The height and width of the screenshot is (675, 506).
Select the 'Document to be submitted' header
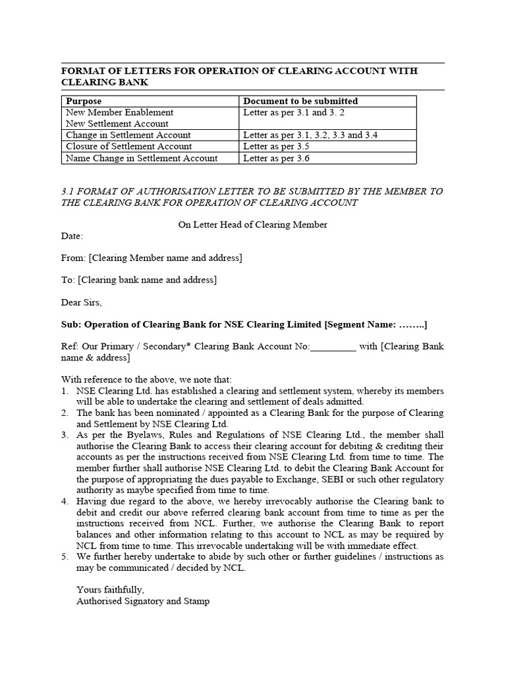(x=300, y=102)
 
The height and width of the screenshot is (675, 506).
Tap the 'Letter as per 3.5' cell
(x=276, y=146)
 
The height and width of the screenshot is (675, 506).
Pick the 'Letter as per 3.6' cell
(x=276, y=158)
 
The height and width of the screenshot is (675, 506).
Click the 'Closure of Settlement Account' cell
(x=129, y=146)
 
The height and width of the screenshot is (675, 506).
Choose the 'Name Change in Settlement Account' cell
(x=142, y=158)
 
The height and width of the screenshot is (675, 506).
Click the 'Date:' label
(x=72, y=236)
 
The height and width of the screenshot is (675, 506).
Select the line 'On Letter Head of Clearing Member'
(x=253, y=225)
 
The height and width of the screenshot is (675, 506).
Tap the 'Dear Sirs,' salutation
(x=82, y=303)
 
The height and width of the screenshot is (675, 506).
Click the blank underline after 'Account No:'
(x=333, y=347)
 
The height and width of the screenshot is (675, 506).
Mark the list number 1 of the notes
(x=65, y=391)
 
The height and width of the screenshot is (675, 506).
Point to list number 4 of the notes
(x=65, y=501)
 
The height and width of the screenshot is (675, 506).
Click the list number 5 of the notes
(x=65, y=556)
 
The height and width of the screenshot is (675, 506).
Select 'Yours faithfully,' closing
(x=110, y=589)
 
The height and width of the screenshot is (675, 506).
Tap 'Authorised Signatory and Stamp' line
(x=143, y=601)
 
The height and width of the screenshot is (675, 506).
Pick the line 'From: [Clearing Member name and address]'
(x=152, y=258)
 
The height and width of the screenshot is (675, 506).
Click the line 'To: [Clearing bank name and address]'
(x=139, y=280)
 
